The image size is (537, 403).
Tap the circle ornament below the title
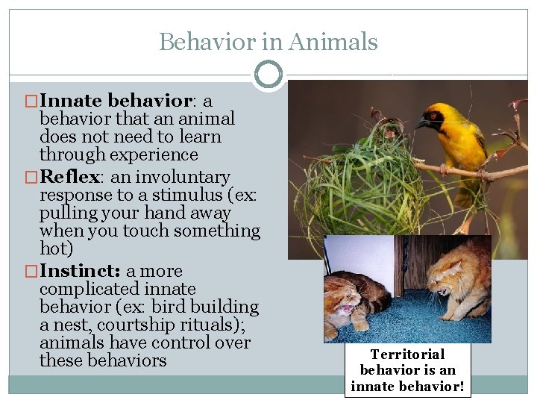click(x=268, y=75)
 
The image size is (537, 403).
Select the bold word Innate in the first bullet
click(x=72, y=100)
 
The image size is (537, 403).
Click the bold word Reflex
click(x=69, y=177)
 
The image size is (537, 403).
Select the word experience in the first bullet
click(x=156, y=154)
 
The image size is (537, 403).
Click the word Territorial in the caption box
click(x=407, y=354)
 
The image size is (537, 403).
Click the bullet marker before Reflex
click(x=31, y=178)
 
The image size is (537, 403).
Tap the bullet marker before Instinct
click(x=31, y=272)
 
